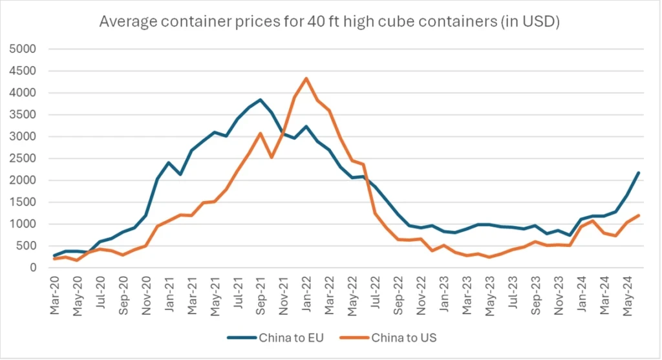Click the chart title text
click(329, 22)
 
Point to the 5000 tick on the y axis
click(24, 49)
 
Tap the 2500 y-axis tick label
click(24, 158)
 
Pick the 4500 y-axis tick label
click(24, 71)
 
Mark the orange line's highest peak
click(306, 78)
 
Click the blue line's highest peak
click(260, 100)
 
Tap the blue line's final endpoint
click(638, 173)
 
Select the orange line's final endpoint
click(638, 215)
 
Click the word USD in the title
click(540, 22)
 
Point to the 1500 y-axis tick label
click(24, 202)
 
